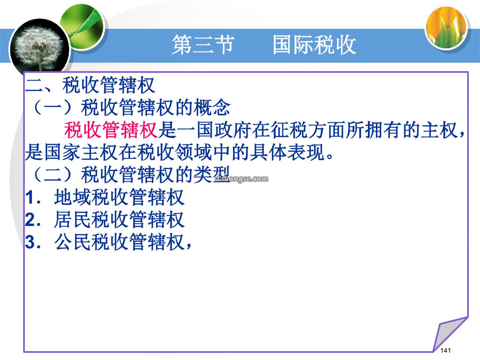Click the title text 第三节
tap(203, 45)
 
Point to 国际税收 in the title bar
tap(314, 45)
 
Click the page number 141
tap(445, 351)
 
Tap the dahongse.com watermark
tap(241, 179)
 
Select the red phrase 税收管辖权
tap(111, 130)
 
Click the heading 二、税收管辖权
tap(90, 85)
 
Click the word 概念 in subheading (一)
tap(212, 108)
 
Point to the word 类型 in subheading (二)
tap(212, 175)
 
